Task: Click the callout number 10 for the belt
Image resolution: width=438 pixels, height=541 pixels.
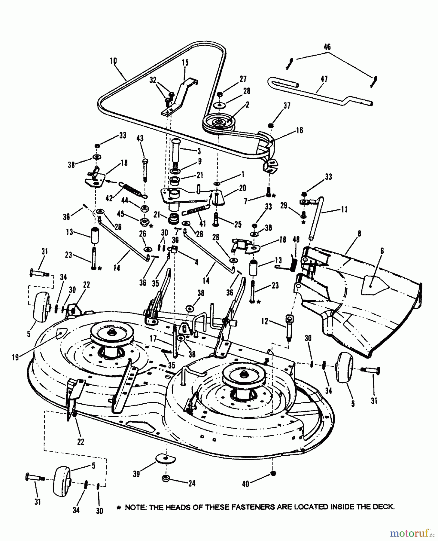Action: [113, 61]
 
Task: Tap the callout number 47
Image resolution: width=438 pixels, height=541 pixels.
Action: [324, 79]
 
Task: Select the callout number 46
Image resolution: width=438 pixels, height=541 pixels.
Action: [327, 47]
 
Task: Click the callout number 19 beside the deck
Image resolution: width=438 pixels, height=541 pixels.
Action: [15, 357]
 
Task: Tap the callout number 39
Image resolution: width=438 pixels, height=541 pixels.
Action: [136, 474]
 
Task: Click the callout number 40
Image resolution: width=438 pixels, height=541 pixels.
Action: [245, 484]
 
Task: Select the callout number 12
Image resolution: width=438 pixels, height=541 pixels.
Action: [264, 321]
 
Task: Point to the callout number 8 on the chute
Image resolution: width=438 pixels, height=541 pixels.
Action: [360, 234]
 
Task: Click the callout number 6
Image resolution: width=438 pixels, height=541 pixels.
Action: [382, 251]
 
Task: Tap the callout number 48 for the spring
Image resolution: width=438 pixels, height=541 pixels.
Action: [296, 240]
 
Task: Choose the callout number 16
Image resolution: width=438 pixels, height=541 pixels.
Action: [300, 130]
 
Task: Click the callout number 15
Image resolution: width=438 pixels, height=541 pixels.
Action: [185, 63]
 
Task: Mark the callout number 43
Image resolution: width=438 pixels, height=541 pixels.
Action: [140, 139]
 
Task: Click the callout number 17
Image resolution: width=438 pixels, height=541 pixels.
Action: [153, 339]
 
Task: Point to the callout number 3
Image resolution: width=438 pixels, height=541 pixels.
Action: [199, 151]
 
